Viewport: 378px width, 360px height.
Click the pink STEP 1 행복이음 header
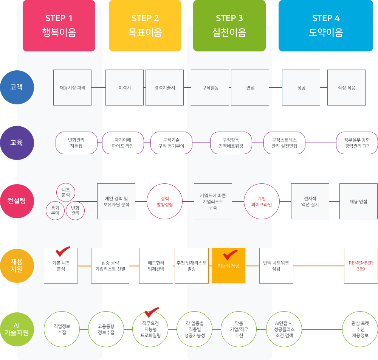pos(59,26)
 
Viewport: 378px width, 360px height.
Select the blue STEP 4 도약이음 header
pos(326,26)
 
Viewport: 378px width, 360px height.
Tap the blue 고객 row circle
pos(17,87)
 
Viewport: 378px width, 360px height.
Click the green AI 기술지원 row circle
pos(17,329)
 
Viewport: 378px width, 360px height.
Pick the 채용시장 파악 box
pos(72,87)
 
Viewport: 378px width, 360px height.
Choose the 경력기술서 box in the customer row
pos(165,87)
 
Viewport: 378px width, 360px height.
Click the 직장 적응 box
pos(346,87)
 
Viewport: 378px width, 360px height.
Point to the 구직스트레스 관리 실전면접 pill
pos(285,143)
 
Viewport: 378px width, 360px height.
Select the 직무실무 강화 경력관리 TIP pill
pos(357,143)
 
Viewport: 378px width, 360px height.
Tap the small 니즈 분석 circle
pos(65,192)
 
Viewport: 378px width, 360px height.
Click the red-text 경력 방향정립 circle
pos(165,201)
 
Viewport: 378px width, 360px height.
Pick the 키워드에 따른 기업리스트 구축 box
pos(213,201)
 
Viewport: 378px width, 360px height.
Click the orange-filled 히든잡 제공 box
pos(229,265)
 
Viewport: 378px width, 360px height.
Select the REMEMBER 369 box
pos(361,265)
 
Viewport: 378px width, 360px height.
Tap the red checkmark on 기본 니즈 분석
pos(63,251)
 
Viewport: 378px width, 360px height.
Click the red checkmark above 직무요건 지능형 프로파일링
pos(152,312)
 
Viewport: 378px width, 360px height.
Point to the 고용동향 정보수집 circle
pos(106,329)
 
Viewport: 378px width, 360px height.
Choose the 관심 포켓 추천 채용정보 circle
pos(360,329)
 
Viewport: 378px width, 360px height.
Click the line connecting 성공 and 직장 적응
pos(324,87)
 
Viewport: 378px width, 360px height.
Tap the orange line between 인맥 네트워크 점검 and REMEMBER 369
pos(319,266)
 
